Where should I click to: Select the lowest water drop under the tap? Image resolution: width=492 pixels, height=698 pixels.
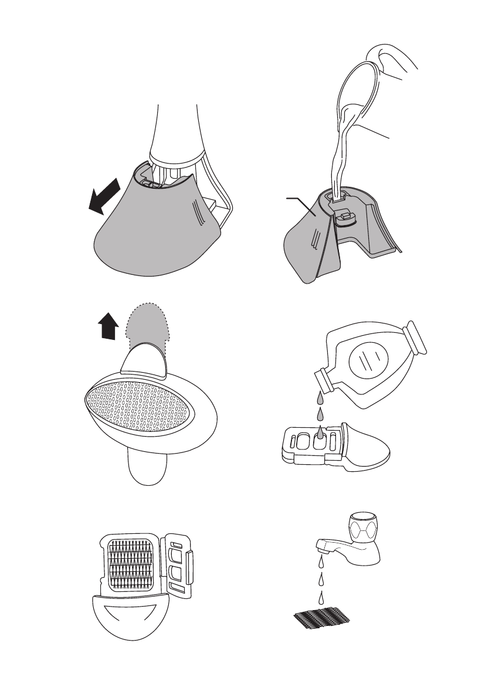tap(321, 598)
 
